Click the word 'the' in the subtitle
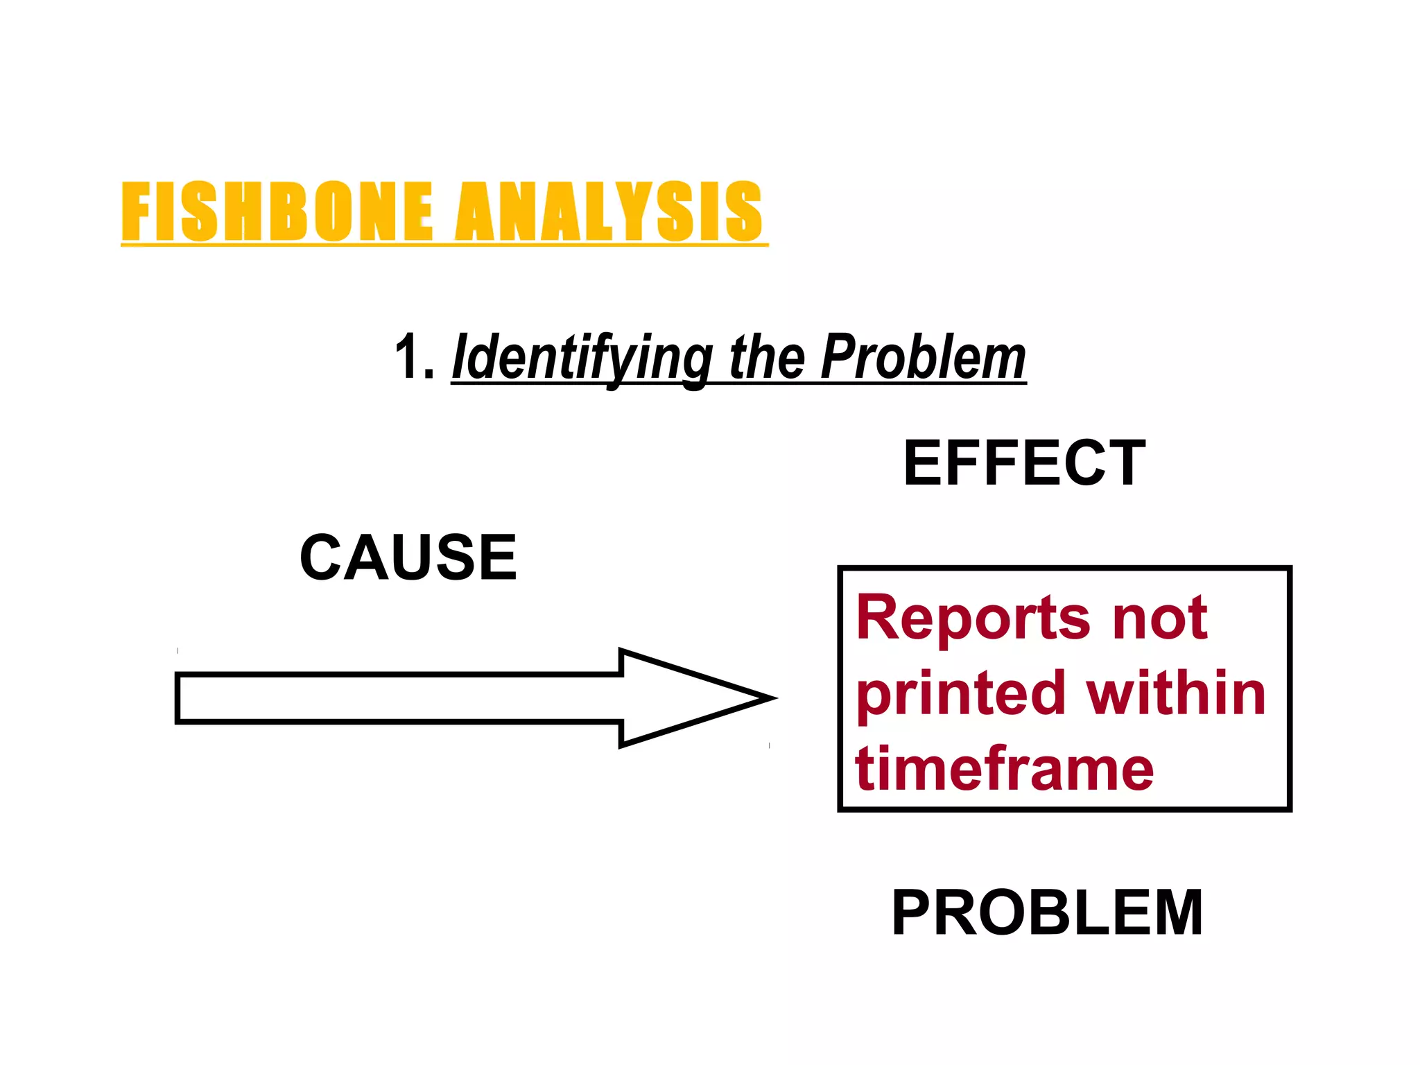(767, 358)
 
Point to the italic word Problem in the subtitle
(923, 358)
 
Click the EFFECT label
(1024, 463)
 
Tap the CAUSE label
(408, 557)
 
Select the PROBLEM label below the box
(1047, 913)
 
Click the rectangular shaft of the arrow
(399, 698)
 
